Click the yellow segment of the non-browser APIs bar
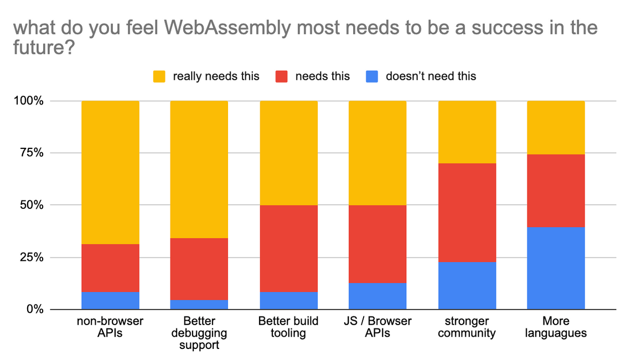(110, 172)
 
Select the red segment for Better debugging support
(199, 269)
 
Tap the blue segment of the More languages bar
(556, 268)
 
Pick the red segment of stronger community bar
(467, 213)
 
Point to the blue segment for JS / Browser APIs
(377, 296)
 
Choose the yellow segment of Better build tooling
(288, 153)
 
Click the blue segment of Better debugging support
(199, 305)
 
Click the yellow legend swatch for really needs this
(159, 76)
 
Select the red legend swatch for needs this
(282, 76)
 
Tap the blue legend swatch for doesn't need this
(372, 76)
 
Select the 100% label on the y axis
(28, 101)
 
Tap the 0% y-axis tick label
(33, 310)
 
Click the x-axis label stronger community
(467, 327)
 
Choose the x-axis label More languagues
(556, 327)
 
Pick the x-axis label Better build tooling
(288, 327)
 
